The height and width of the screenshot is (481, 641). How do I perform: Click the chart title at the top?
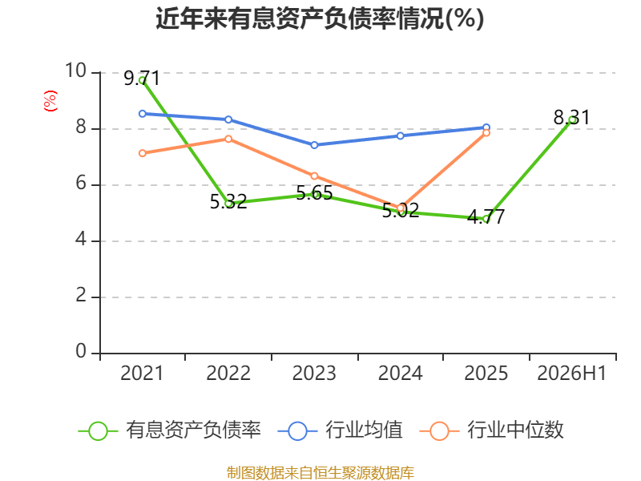pyautogui.click(x=320, y=18)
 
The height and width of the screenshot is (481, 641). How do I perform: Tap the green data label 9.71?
pyautogui.click(x=142, y=78)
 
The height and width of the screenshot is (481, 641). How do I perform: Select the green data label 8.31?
pyautogui.click(x=572, y=117)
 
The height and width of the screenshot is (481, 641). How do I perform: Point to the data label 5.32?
pyautogui.click(x=228, y=201)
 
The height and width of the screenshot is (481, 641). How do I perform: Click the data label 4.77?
pyautogui.click(x=486, y=216)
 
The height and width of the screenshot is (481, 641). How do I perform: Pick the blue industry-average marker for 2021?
pyautogui.click(x=143, y=114)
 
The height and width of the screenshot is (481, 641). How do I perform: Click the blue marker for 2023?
pyautogui.click(x=314, y=145)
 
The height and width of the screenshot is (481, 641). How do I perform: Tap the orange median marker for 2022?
pyautogui.click(x=228, y=139)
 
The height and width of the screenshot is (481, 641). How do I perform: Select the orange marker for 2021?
pyautogui.click(x=143, y=153)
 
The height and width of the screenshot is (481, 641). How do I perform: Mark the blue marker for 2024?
pyautogui.click(x=400, y=135)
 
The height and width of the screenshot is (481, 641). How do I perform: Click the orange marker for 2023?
pyautogui.click(x=314, y=176)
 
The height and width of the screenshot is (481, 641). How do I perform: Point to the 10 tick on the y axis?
pyautogui.click(x=75, y=71)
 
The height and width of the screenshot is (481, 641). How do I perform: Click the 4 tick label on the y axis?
pyautogui.click(x=81, y=239)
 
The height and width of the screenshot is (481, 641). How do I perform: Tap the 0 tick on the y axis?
pyautogui.click(x=81, y=351)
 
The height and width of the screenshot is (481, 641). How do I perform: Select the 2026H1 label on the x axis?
pyautogui.click(x=571, y=373)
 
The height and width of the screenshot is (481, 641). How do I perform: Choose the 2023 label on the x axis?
pyautogui.click(x=314, y=373)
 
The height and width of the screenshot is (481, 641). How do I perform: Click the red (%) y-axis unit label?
pyautogui.click(x=50, y=101)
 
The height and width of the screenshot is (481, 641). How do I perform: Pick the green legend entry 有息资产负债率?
pyautogui.click(x=170, y=430)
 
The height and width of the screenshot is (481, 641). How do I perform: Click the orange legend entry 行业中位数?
pyautogui.click(x=492, y=430)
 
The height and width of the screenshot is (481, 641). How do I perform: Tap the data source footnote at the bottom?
pyautogui.click(x=320, y=473)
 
